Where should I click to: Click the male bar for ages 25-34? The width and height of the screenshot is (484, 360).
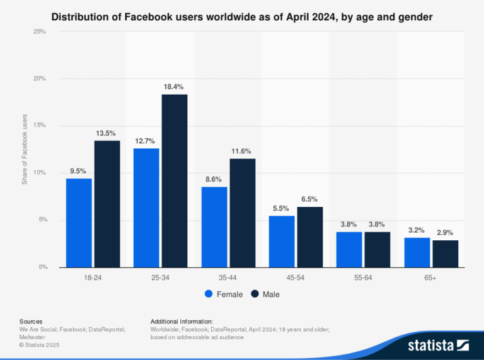click(175, 180)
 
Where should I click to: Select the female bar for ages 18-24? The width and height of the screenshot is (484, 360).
click(79, 223)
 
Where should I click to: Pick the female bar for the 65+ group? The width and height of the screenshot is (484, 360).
click(417, 252)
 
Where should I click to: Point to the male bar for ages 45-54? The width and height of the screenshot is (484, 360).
click(309, 236)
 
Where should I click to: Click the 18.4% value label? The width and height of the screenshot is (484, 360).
click(174, 86)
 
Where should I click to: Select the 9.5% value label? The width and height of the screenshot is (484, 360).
click(78, 171)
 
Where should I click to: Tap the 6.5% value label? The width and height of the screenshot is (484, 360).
click(309, 199)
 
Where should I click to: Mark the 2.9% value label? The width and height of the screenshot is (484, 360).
click(445, 233)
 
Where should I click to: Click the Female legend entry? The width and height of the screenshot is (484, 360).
click(223, 294)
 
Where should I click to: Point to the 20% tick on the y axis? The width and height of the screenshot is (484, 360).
click(40, 79)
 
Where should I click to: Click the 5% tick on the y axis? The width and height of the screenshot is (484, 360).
click(42, 220)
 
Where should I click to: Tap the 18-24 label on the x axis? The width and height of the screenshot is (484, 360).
click(92, 276)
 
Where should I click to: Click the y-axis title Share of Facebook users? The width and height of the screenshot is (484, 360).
click(25, 149)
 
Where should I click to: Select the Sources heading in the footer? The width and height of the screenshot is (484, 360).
click(31, 322)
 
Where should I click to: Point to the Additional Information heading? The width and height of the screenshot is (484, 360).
click(181, 322)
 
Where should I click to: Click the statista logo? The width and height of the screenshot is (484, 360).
click(438, 345)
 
